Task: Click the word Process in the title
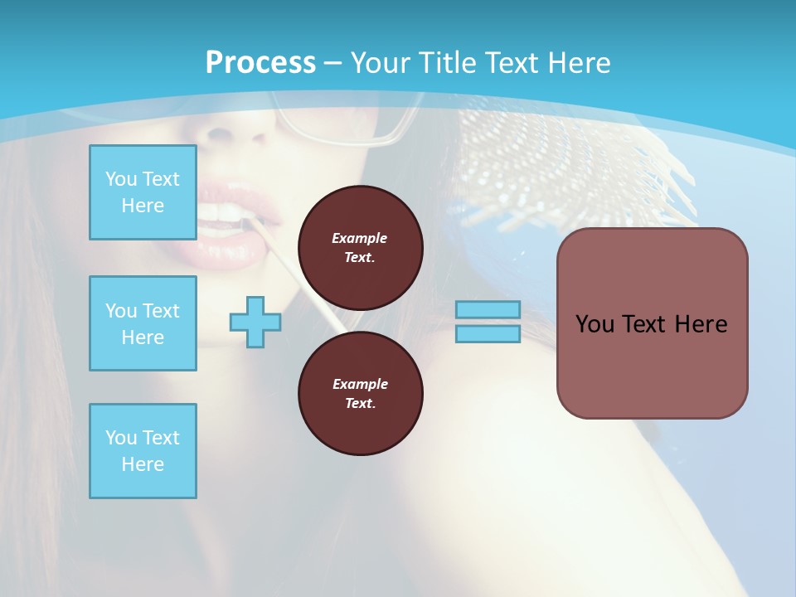point(260,63)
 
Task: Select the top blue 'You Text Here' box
point(143,192)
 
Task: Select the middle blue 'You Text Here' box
point(143,323)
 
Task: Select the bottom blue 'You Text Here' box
point(143,451)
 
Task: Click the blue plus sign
point(255,322)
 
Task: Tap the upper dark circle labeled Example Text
point(360,248)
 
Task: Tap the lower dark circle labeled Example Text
point(360,394)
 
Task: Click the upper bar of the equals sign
point(488,309)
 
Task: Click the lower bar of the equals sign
point(488,333)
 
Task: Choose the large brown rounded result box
point(652,323)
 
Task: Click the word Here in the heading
point(575,63)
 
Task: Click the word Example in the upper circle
point(360,239)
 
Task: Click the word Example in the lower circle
point(360,385)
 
